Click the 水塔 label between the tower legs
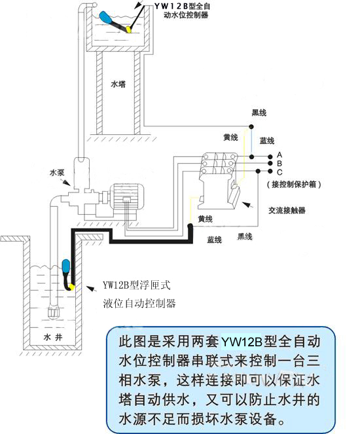tap(118, 84)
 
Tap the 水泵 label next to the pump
tap(57, 173)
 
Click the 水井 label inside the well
tap(53, 337)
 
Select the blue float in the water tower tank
tap(105, 17)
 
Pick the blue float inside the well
tap(66, 266)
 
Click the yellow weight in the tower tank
tap(129, 29)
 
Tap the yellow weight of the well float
tap(72, 287)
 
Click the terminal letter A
tap(279, 154)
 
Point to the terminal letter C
tap(279, 172)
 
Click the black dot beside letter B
tap(270, 163)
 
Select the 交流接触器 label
tap(287, 210)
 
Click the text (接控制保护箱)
tap(294, 185)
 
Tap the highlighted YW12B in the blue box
tap(242, 342)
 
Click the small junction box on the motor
tap(126, 199)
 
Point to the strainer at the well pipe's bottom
tap(54, 312)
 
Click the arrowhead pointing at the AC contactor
tap(245, 204)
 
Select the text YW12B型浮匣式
tap(137, 285)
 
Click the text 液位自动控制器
tap(139, 303)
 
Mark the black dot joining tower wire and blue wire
tap(251, 127)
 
